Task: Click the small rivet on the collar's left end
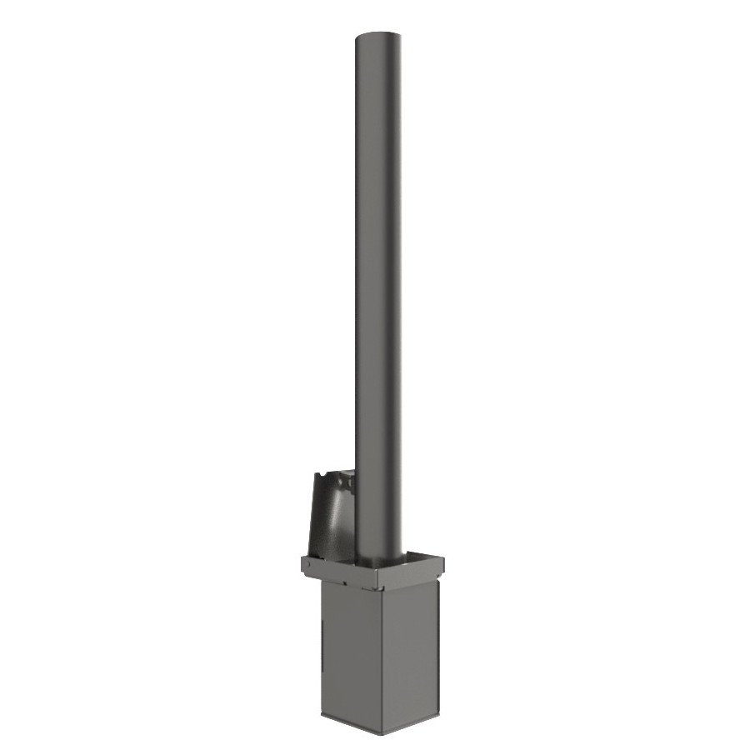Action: pos(307,564)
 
